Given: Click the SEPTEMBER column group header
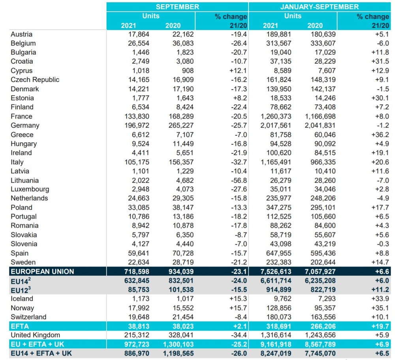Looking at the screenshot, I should click(177, 7).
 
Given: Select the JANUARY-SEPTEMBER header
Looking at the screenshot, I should click(319, 7).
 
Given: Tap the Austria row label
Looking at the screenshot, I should click(21, 34).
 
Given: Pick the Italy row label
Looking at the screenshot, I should click(17, 162).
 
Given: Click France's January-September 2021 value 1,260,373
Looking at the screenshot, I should click(276, 116).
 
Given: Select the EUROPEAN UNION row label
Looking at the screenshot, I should click(42, 271).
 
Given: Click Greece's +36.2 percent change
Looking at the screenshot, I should click(379, 135).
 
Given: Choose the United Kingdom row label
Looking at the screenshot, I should click(36, 335).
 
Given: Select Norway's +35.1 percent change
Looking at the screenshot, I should click(379, 308).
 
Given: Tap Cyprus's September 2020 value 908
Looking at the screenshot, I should click(187, 71).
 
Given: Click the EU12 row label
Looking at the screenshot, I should click(21, 290).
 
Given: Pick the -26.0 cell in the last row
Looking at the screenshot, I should click(239, 353).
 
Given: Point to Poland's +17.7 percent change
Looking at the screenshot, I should click(379, 207).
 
